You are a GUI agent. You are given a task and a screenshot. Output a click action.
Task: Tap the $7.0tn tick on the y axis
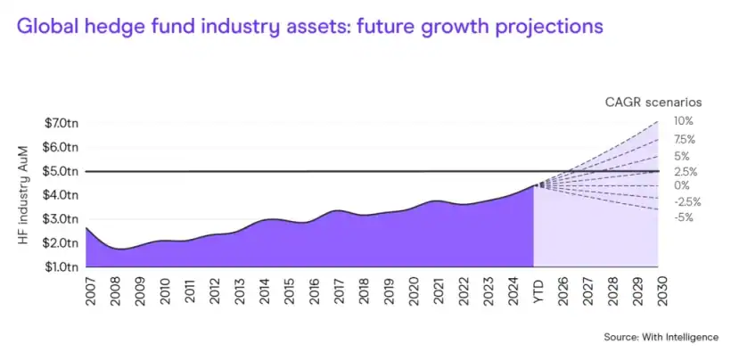62,122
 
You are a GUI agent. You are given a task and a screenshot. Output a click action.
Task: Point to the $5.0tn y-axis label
62,170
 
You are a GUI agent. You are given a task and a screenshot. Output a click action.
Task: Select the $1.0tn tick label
62,266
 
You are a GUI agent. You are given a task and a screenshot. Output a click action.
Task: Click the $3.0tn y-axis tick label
62,218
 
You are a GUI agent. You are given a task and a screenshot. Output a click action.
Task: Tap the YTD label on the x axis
537,287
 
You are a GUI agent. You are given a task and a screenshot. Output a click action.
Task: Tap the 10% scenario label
684,121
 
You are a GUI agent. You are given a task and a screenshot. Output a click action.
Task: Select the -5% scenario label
685,217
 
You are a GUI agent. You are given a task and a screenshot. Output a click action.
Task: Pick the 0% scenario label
682,185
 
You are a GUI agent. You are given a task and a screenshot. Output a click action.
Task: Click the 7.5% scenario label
685,139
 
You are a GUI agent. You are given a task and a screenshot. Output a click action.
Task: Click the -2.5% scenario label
686,201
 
